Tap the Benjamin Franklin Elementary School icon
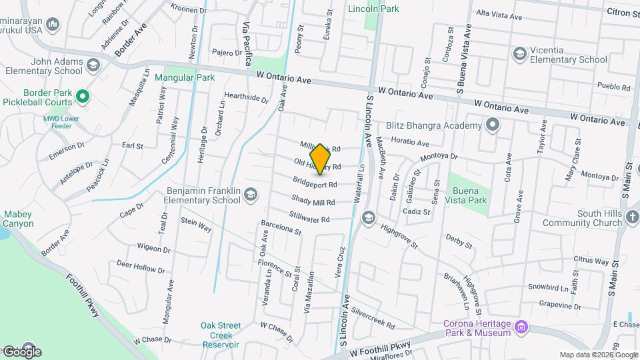coord(251,194)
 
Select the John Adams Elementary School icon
coord(93,65)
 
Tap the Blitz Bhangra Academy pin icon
coord(493,125)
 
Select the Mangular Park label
coord(185,77)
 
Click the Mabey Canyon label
coord(18,219)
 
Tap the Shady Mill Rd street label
coord(313,200)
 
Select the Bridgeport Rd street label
coord(315,182)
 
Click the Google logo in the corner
coord(22,351)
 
